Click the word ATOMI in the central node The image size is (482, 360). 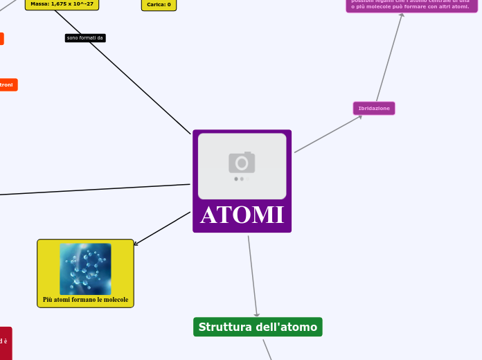pos(242,215)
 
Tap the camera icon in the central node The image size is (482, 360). pos(242,163)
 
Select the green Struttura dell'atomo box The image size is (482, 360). pos(258,327)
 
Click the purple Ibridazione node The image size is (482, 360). pos(374,109)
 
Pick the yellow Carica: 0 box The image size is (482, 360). pos(159,4)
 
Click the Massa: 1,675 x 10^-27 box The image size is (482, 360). pos(62,4)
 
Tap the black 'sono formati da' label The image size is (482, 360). pos(85,38)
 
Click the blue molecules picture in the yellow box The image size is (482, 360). pos(85,269)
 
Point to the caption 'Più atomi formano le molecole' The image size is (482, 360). pos(85,300)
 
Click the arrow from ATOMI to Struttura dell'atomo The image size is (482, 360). pos(253,277)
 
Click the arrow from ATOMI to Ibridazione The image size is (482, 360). pos(328,134)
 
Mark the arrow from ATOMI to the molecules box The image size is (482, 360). pos(162,228)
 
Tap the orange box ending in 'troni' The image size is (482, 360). pos(8,84)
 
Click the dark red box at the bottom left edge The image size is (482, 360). pos(5,343)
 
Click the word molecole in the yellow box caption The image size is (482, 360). pos(116,300)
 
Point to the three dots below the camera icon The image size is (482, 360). pos(242,179)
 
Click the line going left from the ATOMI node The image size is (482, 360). pos(97,189)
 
